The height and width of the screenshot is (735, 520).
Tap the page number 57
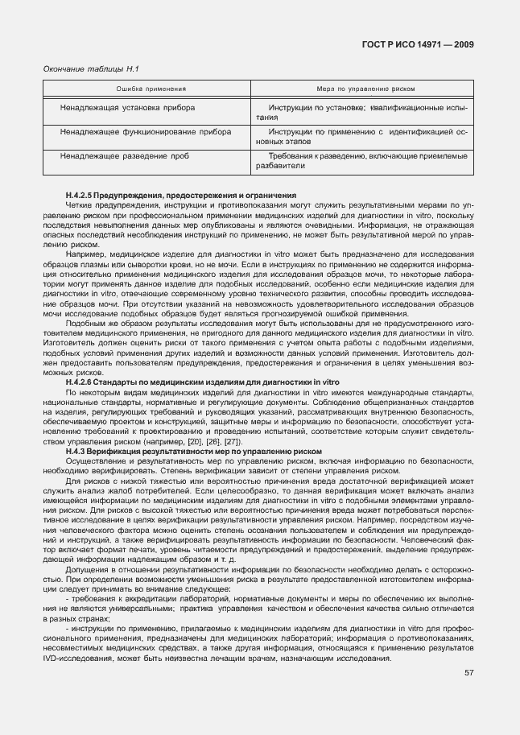(x=469, y=672)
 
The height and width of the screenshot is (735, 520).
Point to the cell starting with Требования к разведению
(x=366, y=159)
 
